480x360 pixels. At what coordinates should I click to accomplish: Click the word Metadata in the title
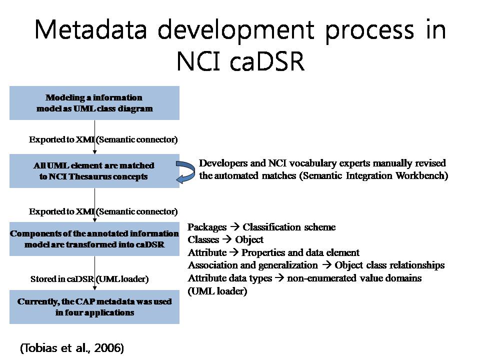pos(91,29)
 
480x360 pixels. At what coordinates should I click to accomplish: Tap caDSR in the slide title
pos(267,61)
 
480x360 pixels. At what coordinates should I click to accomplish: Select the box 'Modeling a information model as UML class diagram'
pos(94,103)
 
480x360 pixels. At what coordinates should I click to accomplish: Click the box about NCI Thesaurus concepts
pos(94,171)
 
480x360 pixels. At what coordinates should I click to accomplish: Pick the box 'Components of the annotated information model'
pos(94,239)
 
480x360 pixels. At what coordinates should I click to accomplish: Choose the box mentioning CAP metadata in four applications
pos(94,306)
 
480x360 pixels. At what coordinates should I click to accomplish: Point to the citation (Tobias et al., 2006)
pos(72,348)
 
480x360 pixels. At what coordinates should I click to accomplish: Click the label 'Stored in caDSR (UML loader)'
pos(89,279)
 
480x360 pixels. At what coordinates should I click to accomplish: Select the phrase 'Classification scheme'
pos(289,227)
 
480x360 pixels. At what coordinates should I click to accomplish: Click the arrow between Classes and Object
pos(227,239)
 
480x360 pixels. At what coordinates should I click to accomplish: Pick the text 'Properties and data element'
pos(300,252)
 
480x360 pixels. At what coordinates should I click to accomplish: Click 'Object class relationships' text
pos(389,265)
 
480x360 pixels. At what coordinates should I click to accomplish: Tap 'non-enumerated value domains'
pos(354,278)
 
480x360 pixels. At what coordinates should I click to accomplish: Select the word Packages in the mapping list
pos(207,227)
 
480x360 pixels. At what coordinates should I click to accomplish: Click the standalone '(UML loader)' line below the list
pos(217,291)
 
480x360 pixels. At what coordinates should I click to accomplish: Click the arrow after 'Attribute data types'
pos(279,277)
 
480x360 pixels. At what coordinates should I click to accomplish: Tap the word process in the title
pos(369,30)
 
